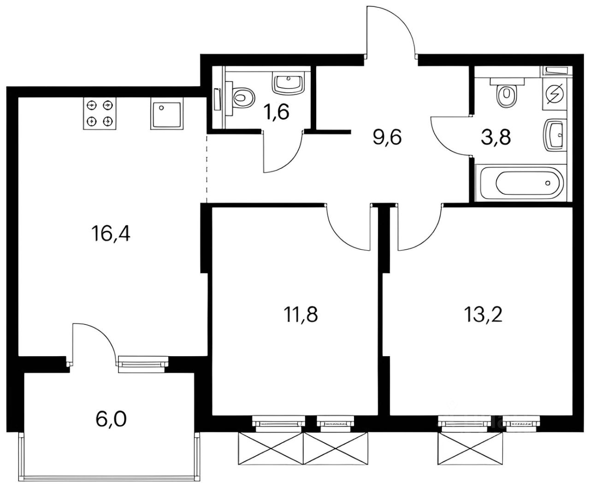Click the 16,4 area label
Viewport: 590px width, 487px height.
pos(111,235)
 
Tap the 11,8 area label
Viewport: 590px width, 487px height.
pos(301,315)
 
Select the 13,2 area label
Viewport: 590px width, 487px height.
pos(483,315)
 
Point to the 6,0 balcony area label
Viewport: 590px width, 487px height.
pos(111,419)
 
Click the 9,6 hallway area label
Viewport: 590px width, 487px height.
pos(388,137)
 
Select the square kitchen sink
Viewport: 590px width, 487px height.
pos(164,113)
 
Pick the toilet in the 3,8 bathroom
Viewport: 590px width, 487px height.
pos(507,94)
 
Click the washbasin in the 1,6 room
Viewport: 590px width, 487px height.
pos(289,83)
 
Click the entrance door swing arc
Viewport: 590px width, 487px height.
pos(392,30)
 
